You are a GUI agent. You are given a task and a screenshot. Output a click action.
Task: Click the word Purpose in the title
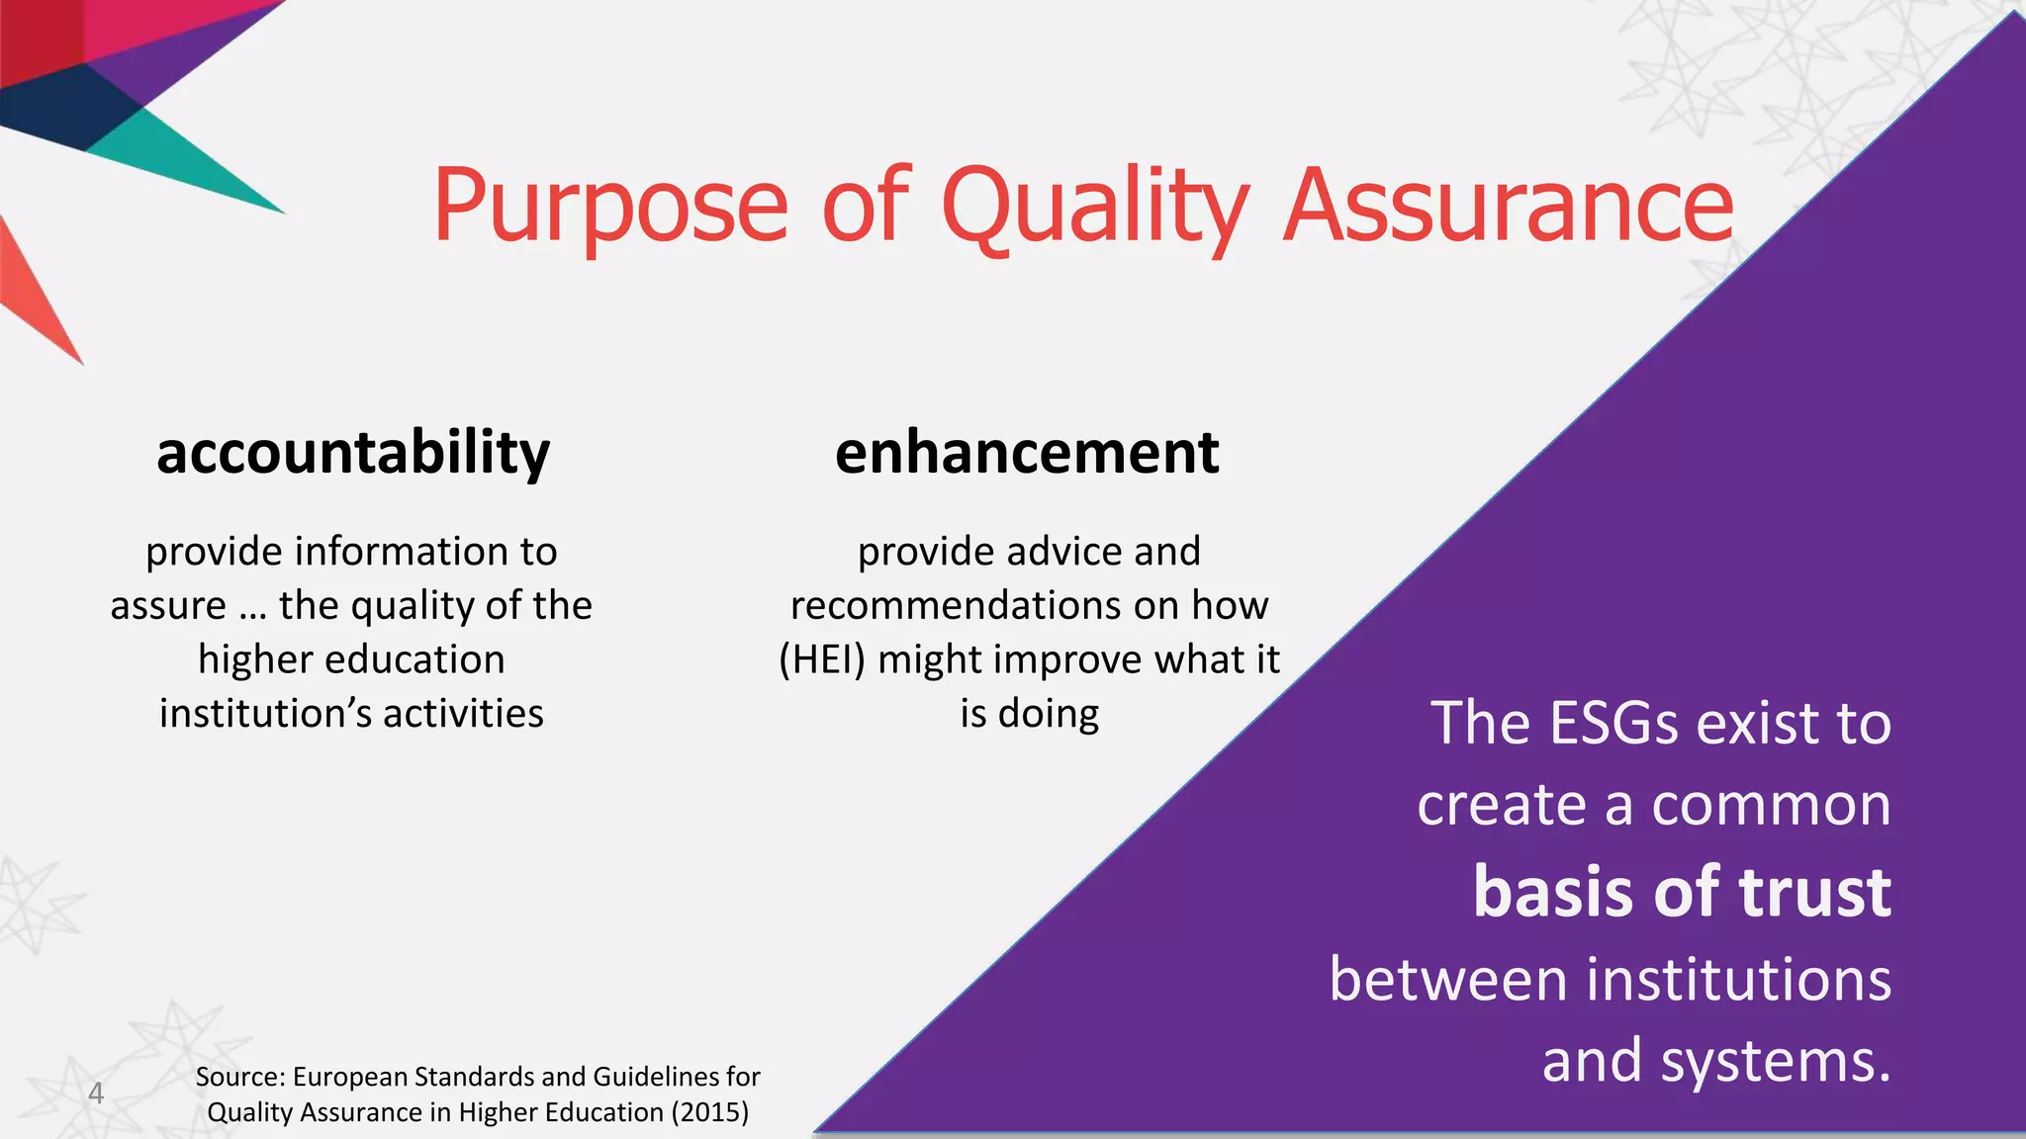pyautogui.click(x=610, y=206)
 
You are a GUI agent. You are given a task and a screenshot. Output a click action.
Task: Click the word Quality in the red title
pyautogui.click(x=1094, y=206)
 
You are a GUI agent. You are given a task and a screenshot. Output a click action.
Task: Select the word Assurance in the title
pyautogui.click(x=1508, y=206)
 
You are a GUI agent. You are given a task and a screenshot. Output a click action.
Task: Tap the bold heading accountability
pyautogui.click(x=353, y=454)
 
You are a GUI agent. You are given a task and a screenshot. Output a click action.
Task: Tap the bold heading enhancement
pyautogui.click(x=1027, y=454)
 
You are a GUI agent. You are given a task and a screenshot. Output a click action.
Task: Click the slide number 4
pyautogui.click(x=96, y=1093)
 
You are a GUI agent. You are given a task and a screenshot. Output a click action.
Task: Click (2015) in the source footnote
pyautogui.click(x=709, y=1112)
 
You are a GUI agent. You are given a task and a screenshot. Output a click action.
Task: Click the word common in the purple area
pyautogui.click(x=1771, y=805)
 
